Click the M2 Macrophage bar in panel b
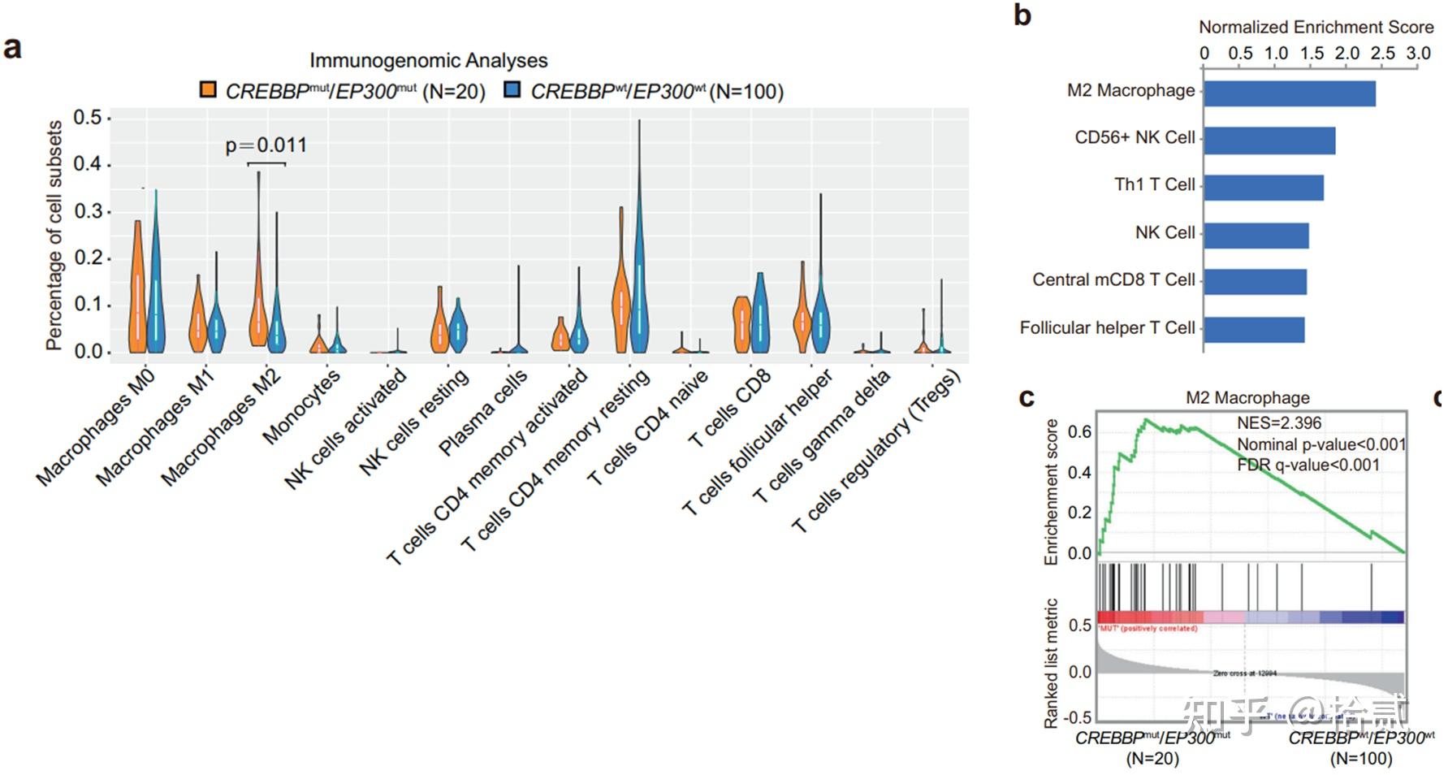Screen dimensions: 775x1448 pos(1289,93)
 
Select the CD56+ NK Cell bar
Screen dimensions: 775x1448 pos(1269,141)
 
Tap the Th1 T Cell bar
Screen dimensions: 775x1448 pos(1263,188)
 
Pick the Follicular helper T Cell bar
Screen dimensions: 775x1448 pos(1253,330)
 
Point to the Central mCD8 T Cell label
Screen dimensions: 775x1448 pos(1113,280)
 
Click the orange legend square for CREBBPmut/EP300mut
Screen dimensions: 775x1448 pos(209,89)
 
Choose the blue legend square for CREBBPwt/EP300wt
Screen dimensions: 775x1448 pos(512,89)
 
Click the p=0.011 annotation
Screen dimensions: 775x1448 pos(266,145)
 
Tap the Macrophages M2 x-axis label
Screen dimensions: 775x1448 pos(221,427)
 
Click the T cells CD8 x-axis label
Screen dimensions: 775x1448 pos(729,408)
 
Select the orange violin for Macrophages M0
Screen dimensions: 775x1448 pos(138,292)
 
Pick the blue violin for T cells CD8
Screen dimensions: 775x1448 pos(760,313)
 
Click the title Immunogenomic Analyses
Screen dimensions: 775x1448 pos(428,61)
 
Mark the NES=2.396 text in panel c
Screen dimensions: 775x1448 pos(1279,423)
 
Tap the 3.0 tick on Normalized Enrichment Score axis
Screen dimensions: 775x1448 pos(1418,54)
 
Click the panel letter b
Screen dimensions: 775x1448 pos(1022,15)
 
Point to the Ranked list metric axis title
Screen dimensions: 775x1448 pos(1052,663)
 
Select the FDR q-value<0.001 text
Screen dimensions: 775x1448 pos(1308,465)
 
